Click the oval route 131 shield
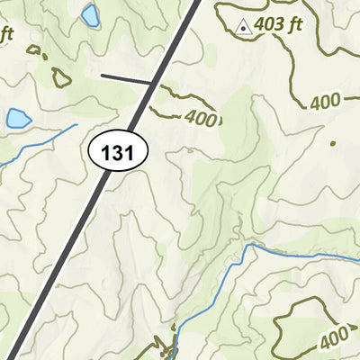click(x=118, y=153)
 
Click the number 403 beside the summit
click(x=269, y=25)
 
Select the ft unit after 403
click(x=294, y=25)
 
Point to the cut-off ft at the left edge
click(x=7, y=35)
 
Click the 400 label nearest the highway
click(x=202, y=118)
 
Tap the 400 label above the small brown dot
click(x=326, y=102)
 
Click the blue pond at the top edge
click(x=90, y=15)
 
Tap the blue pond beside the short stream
click(x=18, y=118)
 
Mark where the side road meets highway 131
click(x=154, y=85)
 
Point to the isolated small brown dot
click(x=332, y=143)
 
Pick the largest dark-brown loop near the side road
click(x=61, y=77)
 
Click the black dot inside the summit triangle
click(x=241, y=29)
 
